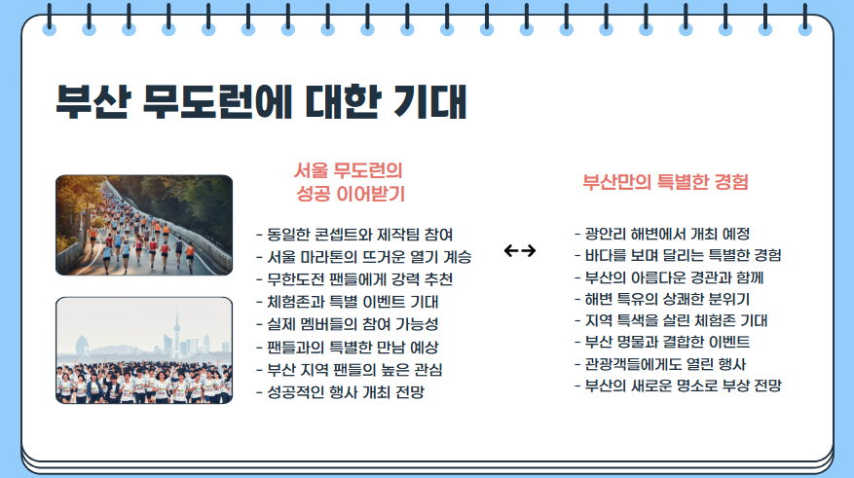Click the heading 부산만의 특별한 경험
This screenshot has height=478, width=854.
pos(665,182)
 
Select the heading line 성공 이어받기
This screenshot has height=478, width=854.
pos(350,193)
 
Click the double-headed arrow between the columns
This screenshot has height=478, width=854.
pos(521,251)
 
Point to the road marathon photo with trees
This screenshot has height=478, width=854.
pos(144,225)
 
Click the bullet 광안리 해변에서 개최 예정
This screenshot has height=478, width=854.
pos(662,234)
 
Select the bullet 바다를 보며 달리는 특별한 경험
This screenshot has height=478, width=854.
pos(678,255)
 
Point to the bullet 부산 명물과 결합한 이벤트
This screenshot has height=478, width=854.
pos(662,342)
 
